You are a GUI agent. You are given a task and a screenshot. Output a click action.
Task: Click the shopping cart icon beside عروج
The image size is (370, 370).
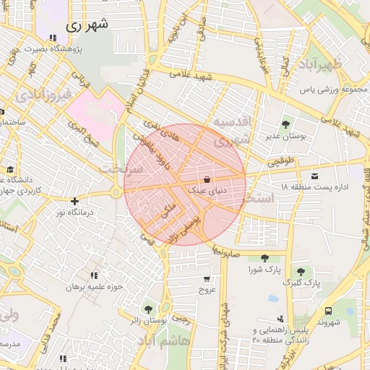pos(207,279)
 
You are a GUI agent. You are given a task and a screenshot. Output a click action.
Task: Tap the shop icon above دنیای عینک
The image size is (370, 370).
pos(207,180)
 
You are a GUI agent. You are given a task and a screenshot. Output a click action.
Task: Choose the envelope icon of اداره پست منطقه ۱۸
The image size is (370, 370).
pos(314,176)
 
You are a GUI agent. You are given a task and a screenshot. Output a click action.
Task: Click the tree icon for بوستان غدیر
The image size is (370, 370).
pos(285,124)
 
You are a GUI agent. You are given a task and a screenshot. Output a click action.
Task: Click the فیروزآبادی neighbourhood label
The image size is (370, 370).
pos(45,94)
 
